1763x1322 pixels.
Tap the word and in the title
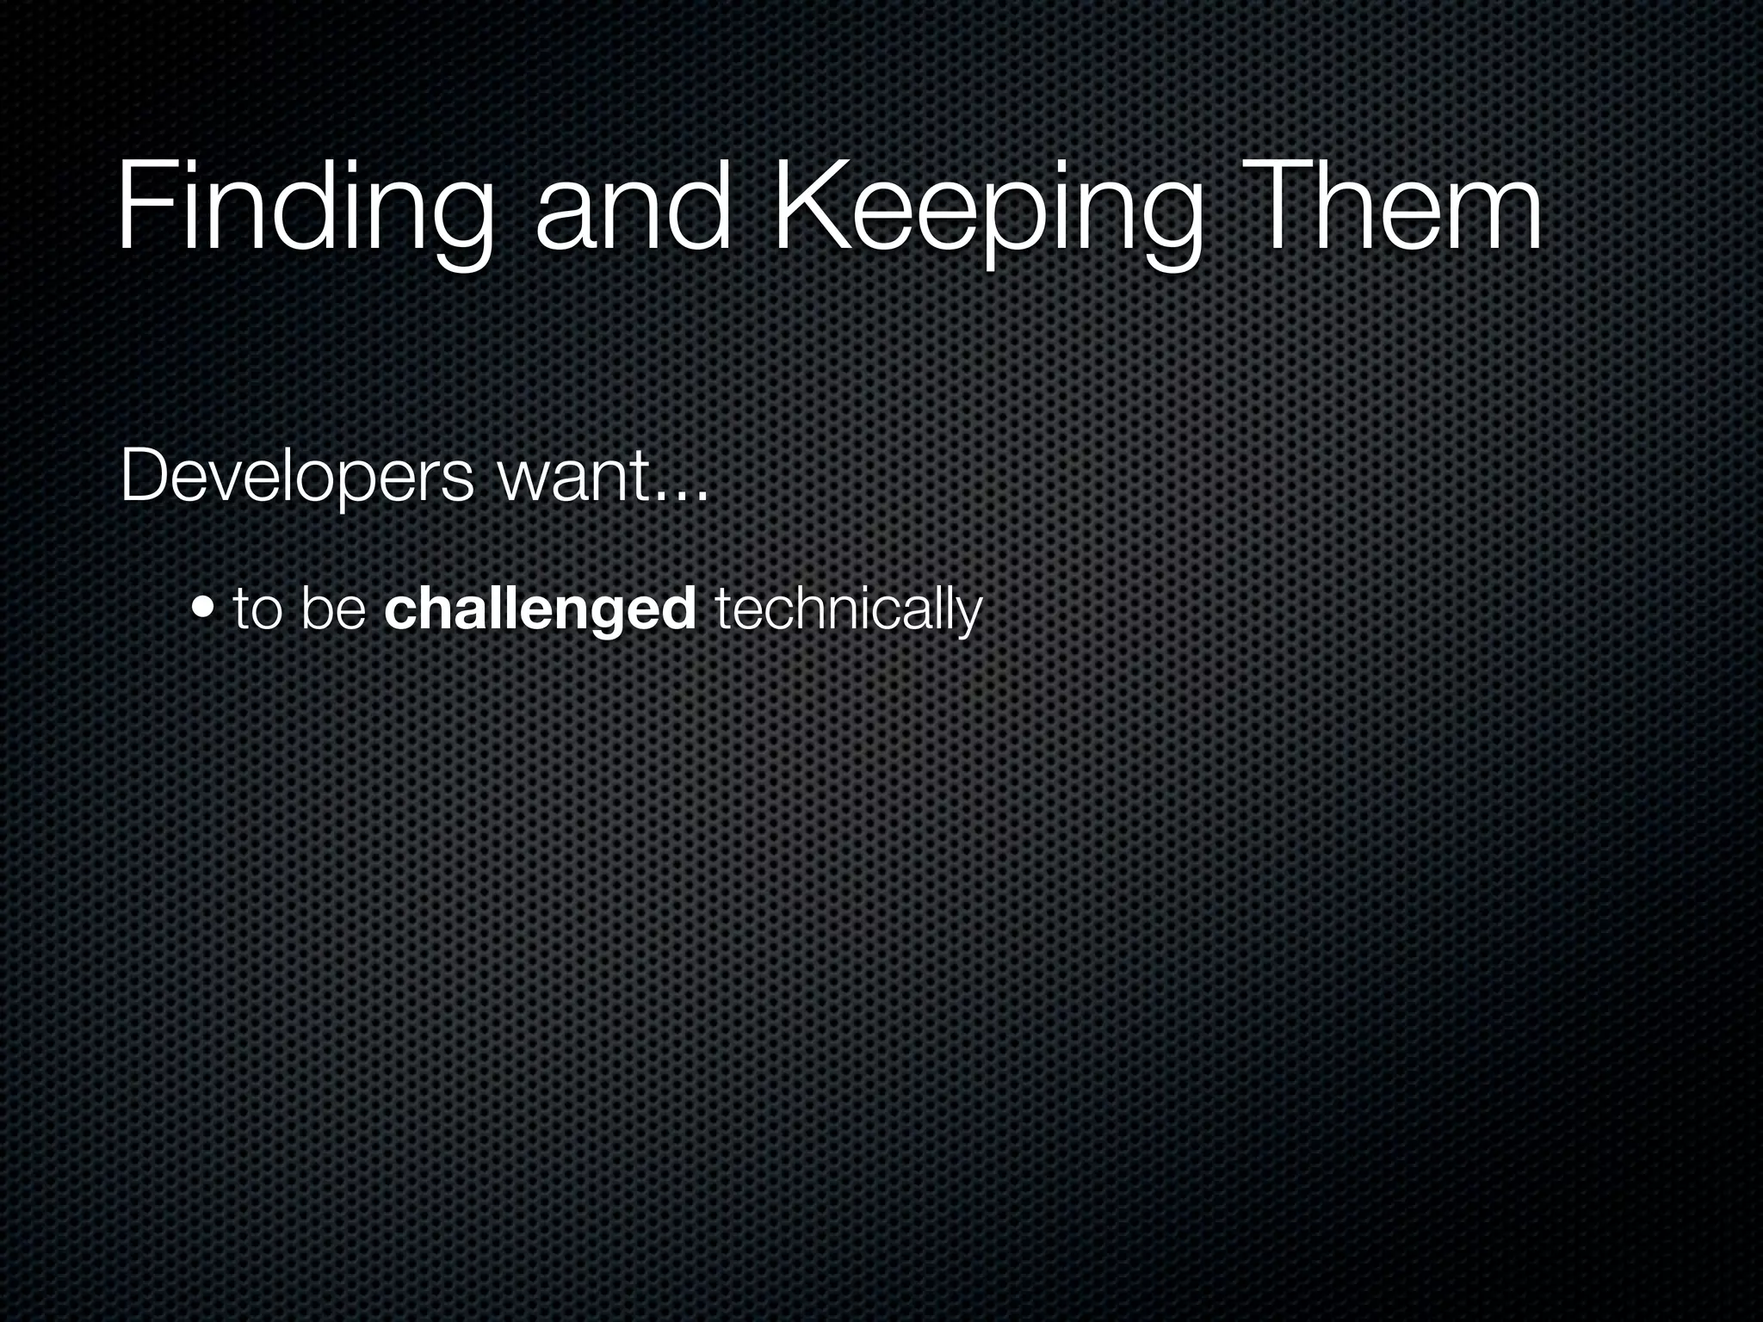633,211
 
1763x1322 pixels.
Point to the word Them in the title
1395,211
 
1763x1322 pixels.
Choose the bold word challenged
541,609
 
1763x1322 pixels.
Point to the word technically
848,609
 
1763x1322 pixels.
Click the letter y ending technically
969,616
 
